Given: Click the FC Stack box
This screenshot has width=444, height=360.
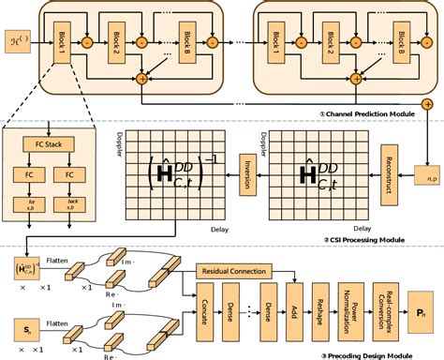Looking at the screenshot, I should [57, 146].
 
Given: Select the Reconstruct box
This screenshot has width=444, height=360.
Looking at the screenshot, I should [386, 184].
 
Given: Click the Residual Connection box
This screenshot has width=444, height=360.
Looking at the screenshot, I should [241, 270].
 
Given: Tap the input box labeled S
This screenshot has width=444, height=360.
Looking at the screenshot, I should [29, 329].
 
